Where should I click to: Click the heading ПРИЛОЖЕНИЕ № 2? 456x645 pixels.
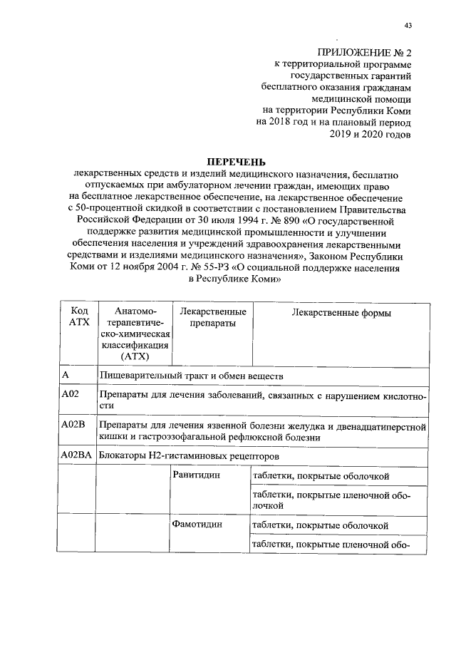365,53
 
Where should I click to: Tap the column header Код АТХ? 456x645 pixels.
76,317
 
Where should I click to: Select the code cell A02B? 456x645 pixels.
74,425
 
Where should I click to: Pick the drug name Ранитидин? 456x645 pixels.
197,475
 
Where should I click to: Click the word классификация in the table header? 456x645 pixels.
134,344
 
